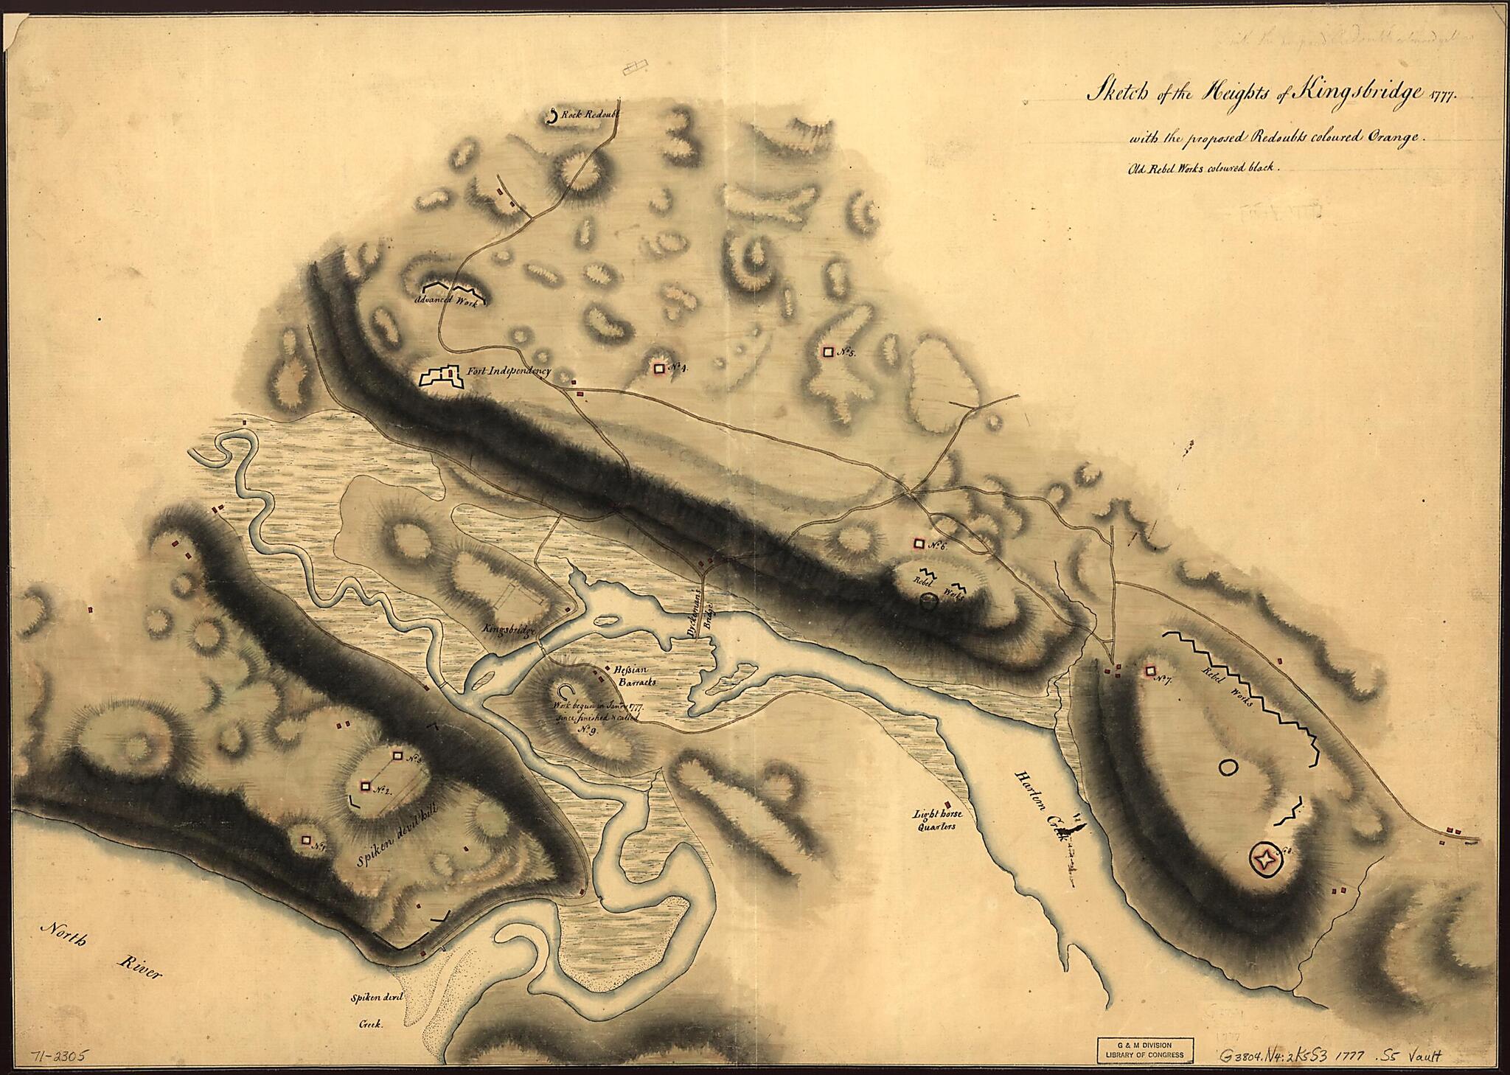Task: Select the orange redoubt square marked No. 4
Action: click(659, 367)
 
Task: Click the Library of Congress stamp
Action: click(1144, 1048)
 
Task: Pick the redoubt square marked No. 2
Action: click(365, 786)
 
